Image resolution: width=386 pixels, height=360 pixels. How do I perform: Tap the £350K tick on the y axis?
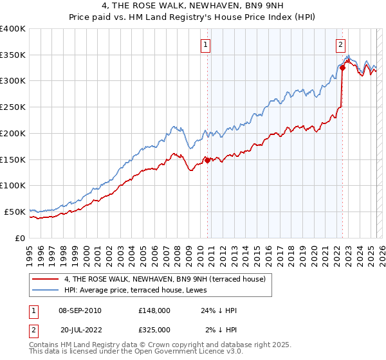[x=13, y=55]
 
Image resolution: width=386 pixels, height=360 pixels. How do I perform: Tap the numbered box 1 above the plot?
[x=205, y=44]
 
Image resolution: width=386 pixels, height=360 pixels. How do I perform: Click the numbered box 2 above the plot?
[x=340, y=44]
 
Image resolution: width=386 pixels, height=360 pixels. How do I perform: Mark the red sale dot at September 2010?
[x=207, y=161]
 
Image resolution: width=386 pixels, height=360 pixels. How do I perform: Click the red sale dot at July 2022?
[x=342, y=68]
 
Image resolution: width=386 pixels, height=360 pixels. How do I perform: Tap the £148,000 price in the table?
[x=154, y=310]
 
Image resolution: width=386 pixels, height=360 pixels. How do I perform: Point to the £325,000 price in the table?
[x=154, y=329]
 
